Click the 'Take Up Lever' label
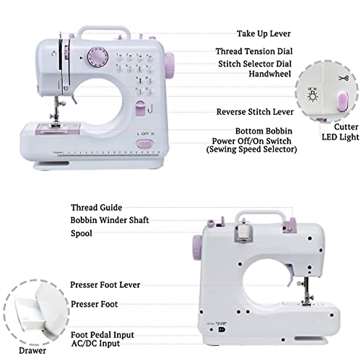[263, 34]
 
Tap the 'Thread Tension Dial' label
[254, 51]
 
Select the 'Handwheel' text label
[270, 74]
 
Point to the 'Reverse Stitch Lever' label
[255, 112]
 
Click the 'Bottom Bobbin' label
[264, 131]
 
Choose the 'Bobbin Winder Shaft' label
[110, 220]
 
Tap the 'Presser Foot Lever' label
[105, 285]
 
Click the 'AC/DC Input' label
[95, 343]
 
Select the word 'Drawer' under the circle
[32, 351]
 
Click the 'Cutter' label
[346, 126]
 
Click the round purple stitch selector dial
[98, 57]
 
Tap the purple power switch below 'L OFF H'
[145, 144]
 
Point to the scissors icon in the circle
[343, 78]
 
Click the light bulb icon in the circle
[312, 94]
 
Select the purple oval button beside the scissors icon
[342, 102]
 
